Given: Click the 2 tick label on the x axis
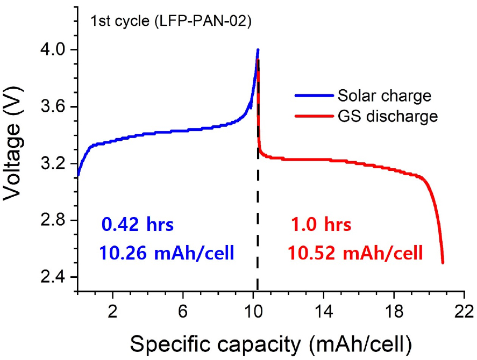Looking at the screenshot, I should tap(113, 311).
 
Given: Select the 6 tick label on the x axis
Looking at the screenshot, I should tap(183, 311).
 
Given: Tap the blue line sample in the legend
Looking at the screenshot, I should tap(313, 96).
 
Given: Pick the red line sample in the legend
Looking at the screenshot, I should tap(313, 116).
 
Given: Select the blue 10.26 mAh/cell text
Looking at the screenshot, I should tap(166, 252).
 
